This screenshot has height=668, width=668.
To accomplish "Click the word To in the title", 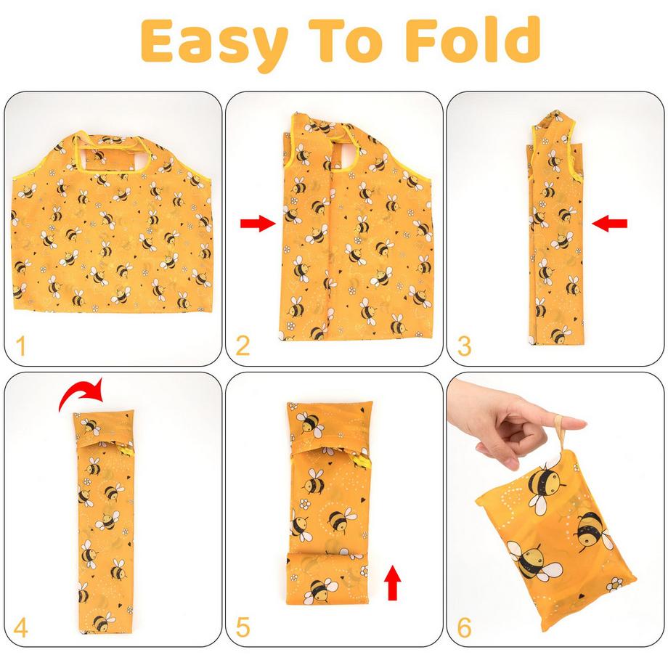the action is coord(346,41).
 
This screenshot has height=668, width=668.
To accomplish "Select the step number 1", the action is coord(20,346).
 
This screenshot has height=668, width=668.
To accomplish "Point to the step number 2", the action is coord(243,346).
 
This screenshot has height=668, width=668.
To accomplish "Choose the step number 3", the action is coord(465,346).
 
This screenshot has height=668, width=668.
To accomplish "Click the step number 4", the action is coord(21,627).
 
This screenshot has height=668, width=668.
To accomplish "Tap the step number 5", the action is coord(243,627).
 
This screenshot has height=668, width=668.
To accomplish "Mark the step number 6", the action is coord(465,627).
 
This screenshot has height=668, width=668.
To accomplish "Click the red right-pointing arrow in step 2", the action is coord(258,223).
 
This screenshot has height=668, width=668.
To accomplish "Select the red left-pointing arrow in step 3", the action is coord(610,223).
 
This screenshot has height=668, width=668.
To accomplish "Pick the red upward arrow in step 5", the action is coord(392,582).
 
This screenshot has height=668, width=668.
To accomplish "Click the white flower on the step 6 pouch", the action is coord(614,584).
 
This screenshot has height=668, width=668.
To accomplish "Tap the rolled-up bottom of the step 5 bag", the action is coord(326,578).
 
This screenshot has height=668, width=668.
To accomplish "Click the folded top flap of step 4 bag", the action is coord(104,429).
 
